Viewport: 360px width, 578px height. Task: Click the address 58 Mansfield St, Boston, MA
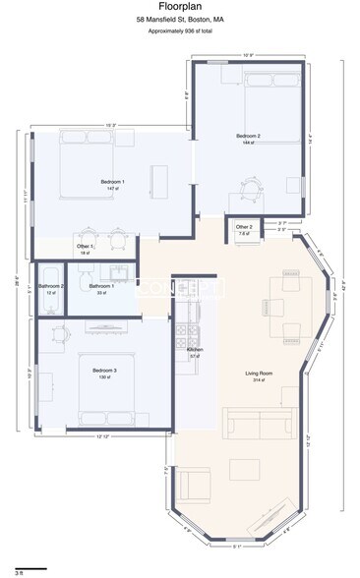[179, 20]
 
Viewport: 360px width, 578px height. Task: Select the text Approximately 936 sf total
[179, 31]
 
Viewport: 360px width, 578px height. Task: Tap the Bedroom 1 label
[112, 183]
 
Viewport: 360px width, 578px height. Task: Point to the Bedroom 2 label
[248, 137]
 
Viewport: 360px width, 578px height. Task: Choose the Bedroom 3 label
[104, 372]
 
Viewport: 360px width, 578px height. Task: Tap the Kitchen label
[195, 350]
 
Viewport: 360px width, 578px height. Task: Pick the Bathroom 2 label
[51, 287]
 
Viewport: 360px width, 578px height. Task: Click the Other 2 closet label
[244, 228]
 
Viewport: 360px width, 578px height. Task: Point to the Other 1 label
[85, 248]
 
